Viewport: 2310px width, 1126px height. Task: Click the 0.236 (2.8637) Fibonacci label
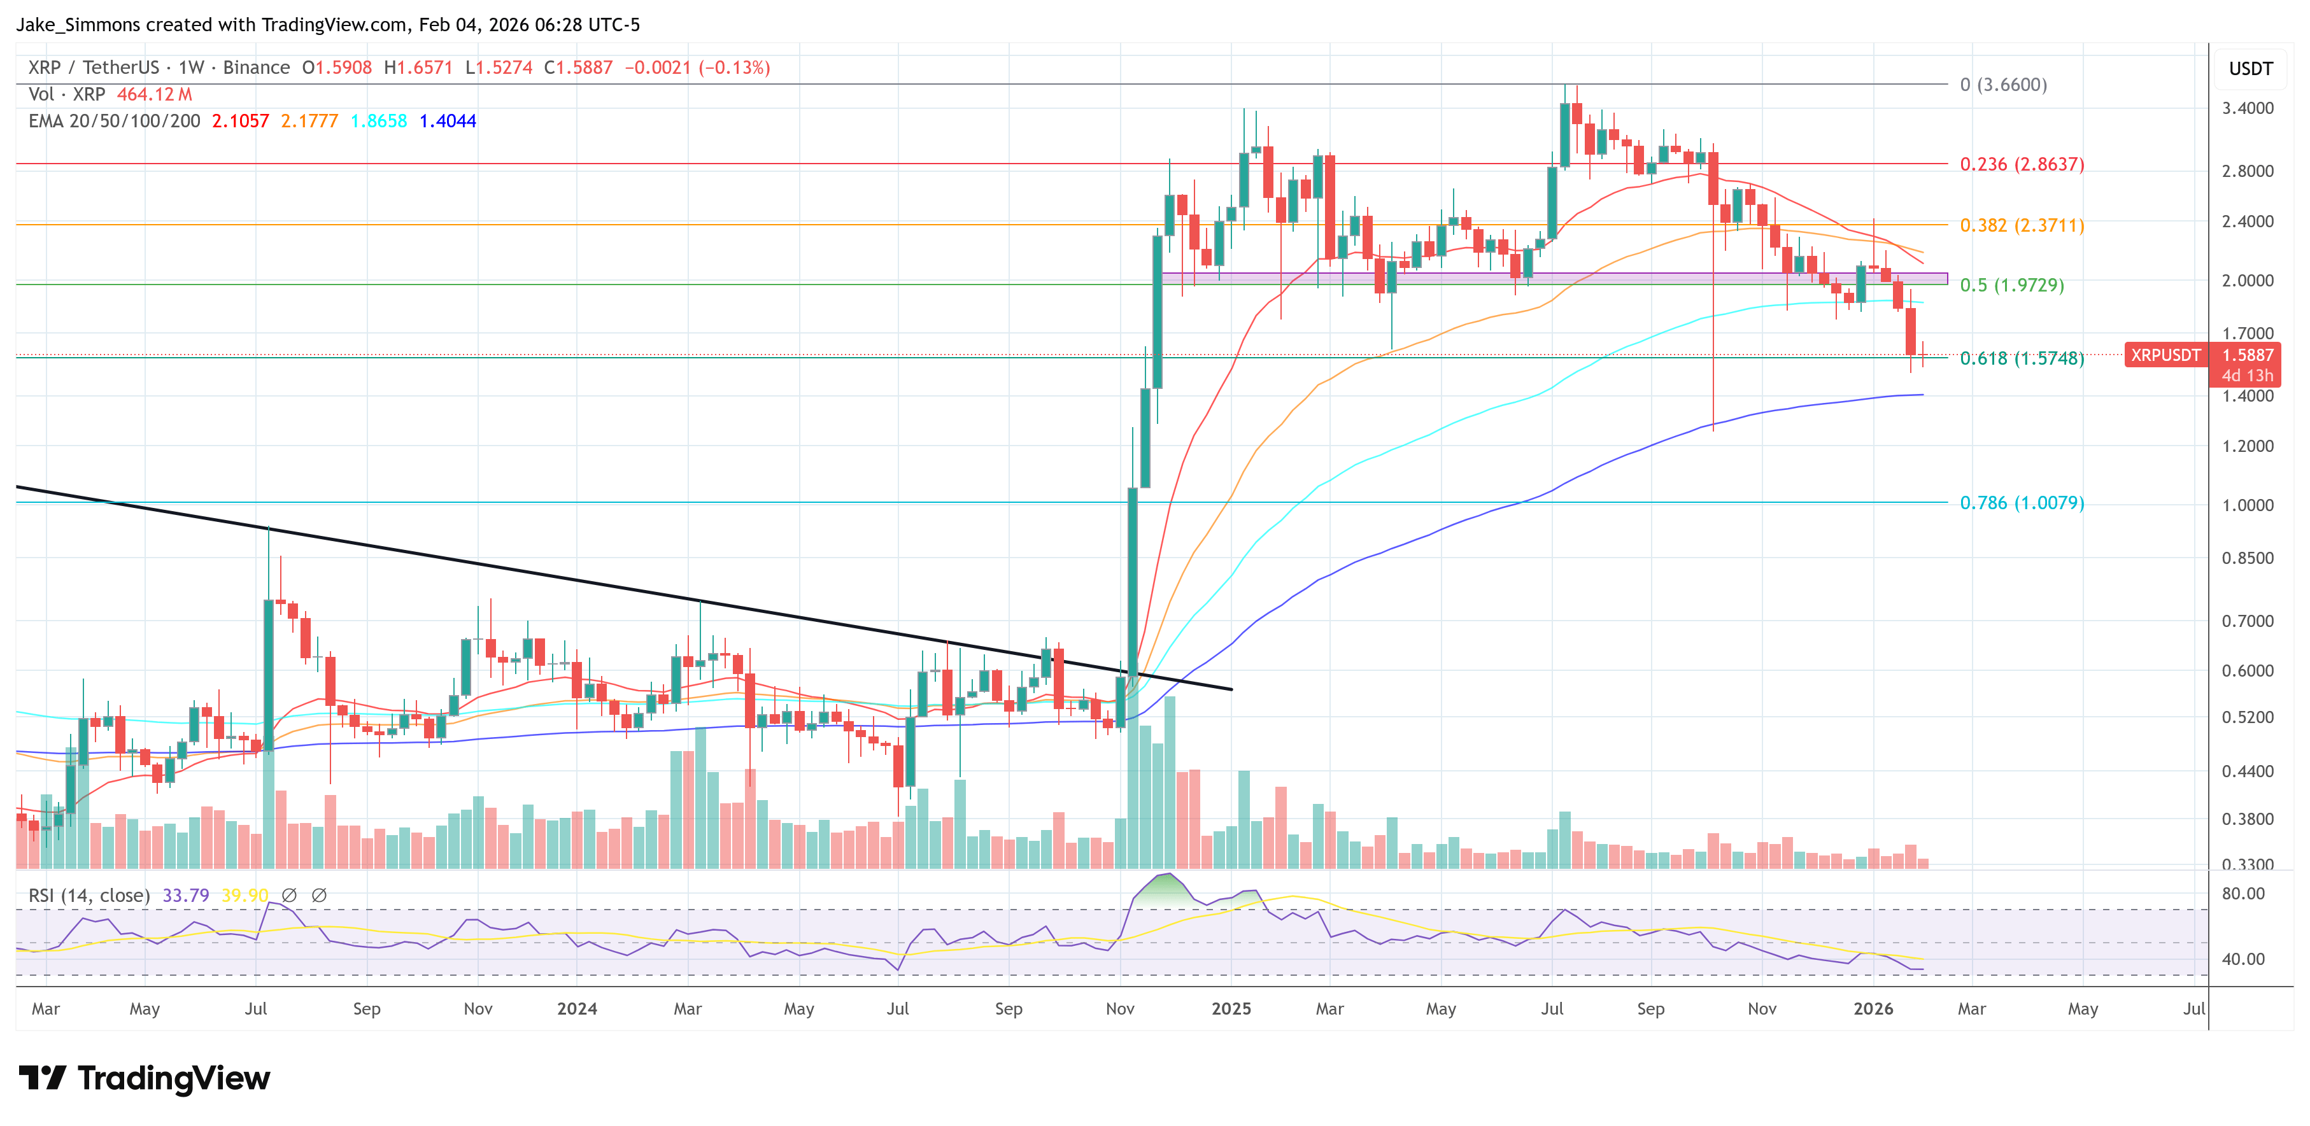coord(2021,164)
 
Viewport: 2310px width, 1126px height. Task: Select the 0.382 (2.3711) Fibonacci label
coord(2021,225)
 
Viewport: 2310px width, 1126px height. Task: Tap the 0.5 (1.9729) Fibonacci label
coord(2011,285)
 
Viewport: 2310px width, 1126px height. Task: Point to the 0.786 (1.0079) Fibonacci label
coord(2021,503)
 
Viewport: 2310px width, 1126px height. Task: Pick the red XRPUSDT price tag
coord(2165,355)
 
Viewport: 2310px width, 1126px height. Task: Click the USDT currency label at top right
coord(2250,69)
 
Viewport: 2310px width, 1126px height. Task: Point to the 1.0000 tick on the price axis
coord(2247,505)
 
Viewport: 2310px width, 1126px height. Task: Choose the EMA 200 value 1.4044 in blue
coord(448,121)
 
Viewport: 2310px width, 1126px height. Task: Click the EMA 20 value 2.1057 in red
coord(240,121)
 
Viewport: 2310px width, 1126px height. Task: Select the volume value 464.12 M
coord(154,94)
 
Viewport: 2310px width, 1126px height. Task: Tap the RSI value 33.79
coord(186,896)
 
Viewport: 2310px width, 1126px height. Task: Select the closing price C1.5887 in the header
coord(578,68)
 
